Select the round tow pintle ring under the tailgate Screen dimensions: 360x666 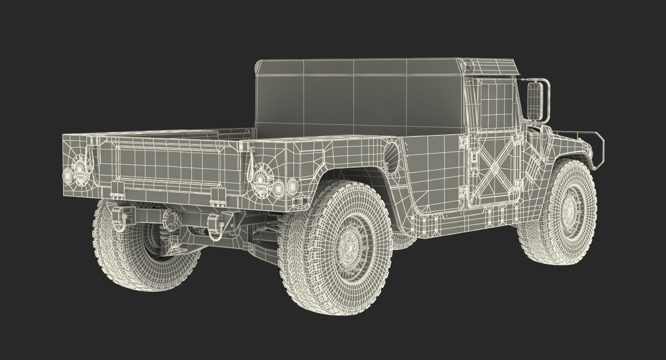172,217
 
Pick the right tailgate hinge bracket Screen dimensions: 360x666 215,197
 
